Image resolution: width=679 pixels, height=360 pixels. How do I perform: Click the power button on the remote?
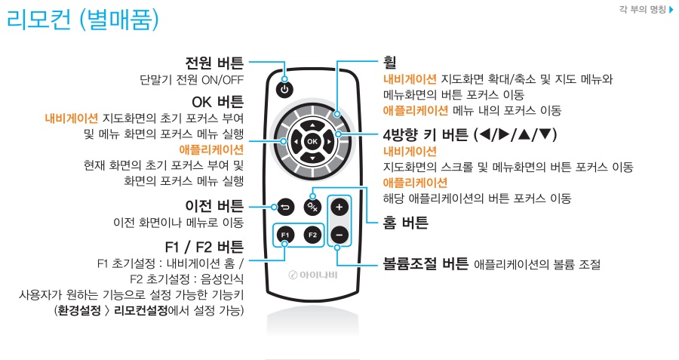pyautogui.click(x=284, y=89)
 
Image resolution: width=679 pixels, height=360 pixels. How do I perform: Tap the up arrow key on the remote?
pyautogui.click(x=312, y=123)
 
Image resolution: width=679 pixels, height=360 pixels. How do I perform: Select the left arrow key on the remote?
pyautogui.click(x=295, y=141)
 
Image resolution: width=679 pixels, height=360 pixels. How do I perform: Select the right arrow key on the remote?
pyautogui.click(x=330, y=141)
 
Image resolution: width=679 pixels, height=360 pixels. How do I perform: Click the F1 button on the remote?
pyautogui.click(x=284, y=235)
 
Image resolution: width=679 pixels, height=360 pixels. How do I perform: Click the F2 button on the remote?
pyautogui.click(x=312, y=235)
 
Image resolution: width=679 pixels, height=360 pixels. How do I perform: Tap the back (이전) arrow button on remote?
pyautogui.click(x=284, y=206)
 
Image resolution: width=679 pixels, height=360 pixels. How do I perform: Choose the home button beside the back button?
pyautogui.click(x=312, y=206)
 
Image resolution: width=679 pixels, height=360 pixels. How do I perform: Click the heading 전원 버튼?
pyautogui.click(x=214, y=62)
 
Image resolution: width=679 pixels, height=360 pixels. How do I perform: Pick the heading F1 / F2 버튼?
pyautogui.click(x=204, y=246)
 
